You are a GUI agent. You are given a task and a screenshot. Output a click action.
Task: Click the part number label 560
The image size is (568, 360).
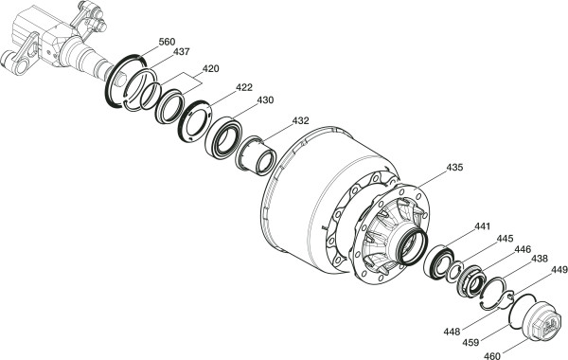tap(167, 42)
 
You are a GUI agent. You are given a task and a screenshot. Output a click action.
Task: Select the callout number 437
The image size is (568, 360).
tap(181, 52)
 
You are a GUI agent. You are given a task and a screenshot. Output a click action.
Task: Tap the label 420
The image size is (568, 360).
tap(210, 68)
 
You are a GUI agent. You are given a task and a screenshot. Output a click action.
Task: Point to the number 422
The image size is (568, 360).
tap(244, 87)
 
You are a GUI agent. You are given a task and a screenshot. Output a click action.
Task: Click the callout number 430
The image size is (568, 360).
tap(265, 99)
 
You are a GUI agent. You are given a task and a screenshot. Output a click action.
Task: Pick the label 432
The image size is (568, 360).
tap(301, 120)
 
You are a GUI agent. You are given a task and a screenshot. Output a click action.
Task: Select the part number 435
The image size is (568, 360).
tap(454, 167)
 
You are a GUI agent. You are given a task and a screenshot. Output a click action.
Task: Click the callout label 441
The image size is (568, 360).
tap(482, 226)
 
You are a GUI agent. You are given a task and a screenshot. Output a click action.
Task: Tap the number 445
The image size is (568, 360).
tap(505, 239)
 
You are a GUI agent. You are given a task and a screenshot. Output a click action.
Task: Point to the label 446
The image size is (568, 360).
tap(523, 249)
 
